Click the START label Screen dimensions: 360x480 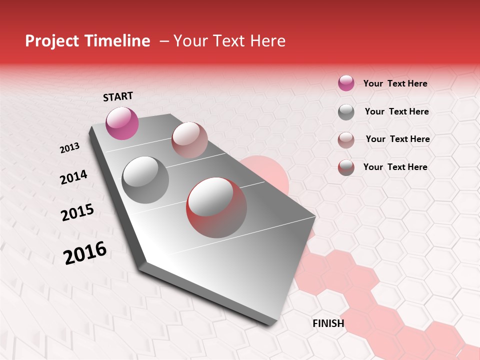pyautogui.click(x=118, y=96)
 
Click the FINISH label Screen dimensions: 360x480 pyautogui.click(x=328, y=323)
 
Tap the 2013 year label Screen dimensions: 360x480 pyautogui.click(x=70, y=148)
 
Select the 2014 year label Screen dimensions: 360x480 pyautogui.click(x=73, y=177)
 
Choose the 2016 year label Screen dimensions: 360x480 pyautogui.click(x=85, y=253)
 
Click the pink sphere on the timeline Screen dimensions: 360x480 pyautogui.click(x=122, y=123)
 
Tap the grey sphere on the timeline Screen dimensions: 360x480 pyautogui.click(x=145, y=179)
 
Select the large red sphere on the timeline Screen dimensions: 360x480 pyautogui.click(x=216, y=207)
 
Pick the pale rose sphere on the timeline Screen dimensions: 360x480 pyautogui.click(x=189, y=140)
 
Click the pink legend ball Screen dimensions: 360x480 pyautogui.click(x=346, y=83)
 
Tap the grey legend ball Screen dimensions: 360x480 pyautogui.click(x=346, y=112)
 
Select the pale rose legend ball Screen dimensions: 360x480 pyautogui.click(x=346, y=140)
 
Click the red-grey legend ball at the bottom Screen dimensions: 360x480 pyautogui.click(x=346, y=167)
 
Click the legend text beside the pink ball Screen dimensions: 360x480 pyautogui.click(x=395, y=83)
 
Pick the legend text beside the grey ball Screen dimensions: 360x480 pyautogui.click(x=396, y=111)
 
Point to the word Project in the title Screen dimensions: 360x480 pyautogui.click(x=51, y=41)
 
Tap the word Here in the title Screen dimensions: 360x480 pyautogui.click(x=267, y=41)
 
